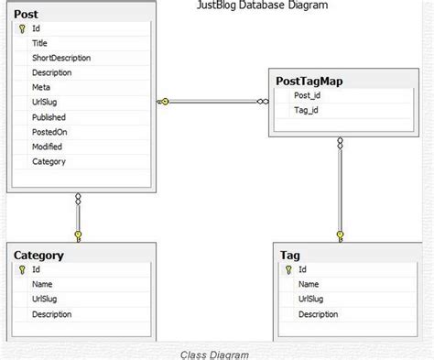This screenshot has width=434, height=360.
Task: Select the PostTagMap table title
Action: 310,81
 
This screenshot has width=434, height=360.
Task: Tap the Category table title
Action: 38,256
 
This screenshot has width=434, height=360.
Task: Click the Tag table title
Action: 290,255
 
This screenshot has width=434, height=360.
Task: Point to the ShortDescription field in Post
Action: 61,58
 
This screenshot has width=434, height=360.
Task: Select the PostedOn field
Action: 49,132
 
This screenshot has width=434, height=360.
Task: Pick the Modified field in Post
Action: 48,147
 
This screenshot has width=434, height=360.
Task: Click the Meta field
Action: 42,87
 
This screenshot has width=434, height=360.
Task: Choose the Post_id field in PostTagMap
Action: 308,95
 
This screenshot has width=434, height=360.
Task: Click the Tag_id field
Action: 306,110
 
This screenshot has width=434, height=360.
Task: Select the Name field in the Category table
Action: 42,284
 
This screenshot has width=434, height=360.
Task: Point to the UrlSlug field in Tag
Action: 313,299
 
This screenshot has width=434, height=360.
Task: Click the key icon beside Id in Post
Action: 20,28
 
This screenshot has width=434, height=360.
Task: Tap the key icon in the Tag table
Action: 288,269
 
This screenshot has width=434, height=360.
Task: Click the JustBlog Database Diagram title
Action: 263,5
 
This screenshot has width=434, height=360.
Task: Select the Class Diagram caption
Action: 213,354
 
